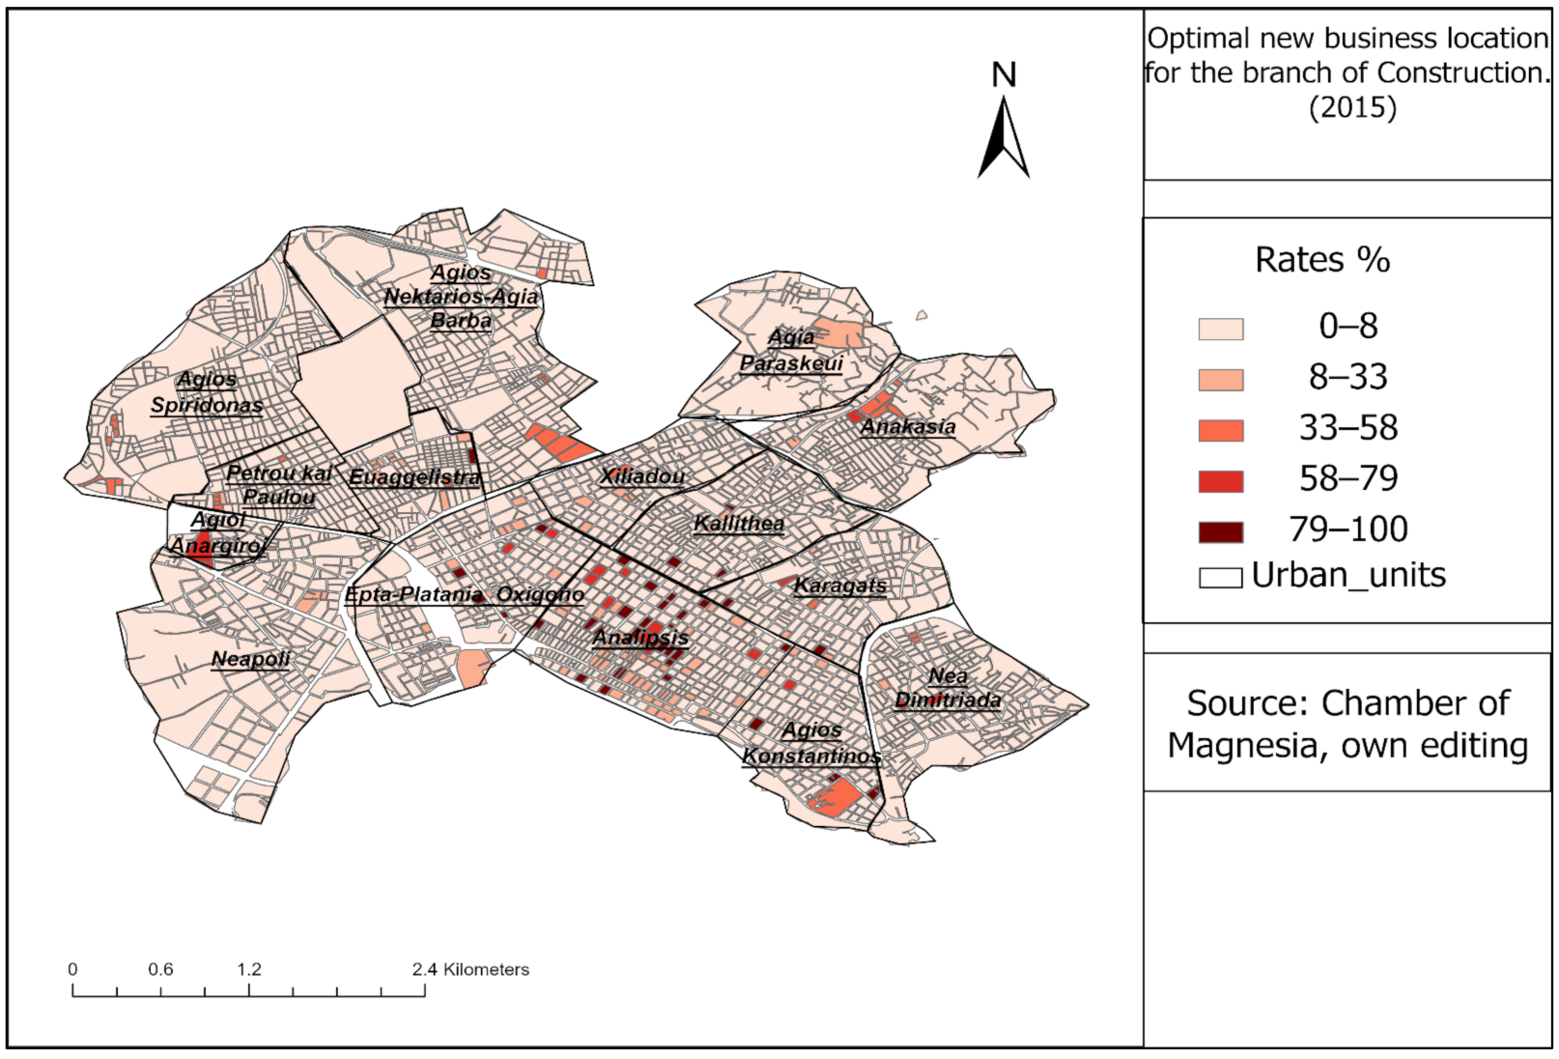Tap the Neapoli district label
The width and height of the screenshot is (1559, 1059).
tap(250, 659)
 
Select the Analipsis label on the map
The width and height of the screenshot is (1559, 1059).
tap(640, 638)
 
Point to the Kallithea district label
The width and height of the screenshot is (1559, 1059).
tap(739, 524)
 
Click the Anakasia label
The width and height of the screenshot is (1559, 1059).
tap(908, 427)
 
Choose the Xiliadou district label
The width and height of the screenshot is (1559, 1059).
tap(642, 476)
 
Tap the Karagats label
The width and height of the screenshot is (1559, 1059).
tap(839, 586)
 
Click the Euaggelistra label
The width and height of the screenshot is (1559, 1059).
tap(414, 477)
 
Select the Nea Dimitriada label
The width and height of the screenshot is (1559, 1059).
tap(948, 688)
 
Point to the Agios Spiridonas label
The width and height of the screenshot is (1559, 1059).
tap(207, 392)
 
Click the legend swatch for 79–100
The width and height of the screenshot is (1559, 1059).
tap(1220, 531)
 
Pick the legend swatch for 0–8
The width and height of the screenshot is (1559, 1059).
tap(1220, 329)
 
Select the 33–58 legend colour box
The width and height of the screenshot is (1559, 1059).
tap(1220, 430)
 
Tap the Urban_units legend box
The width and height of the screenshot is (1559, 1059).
tap(1220, 578)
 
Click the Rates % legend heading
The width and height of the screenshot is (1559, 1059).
tap(1321, 260)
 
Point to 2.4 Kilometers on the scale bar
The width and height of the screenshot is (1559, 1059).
tap(470, 969)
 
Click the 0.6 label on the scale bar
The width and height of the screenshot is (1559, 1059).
tap(160, 969)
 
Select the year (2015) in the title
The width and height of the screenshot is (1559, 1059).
tap(1352, 107)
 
